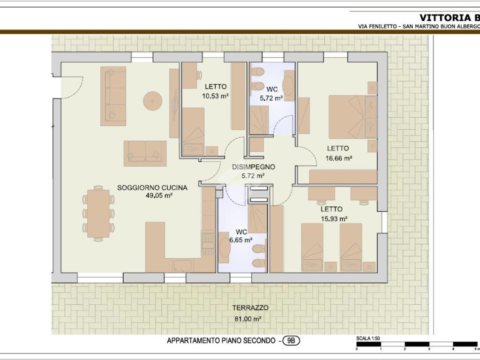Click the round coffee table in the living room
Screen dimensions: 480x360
tap(152, 101)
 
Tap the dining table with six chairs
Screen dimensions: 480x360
tap(98, 213)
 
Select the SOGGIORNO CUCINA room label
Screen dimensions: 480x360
tap(152, 187)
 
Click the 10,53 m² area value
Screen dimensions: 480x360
tap(216, 96)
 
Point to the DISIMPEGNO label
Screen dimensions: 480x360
tap(254, 167)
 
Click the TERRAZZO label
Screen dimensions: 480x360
tap(250, 307)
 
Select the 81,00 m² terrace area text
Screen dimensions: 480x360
tap(247, 319)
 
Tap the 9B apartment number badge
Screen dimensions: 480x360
tap(291, 340)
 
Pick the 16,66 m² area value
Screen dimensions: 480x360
tap(339, 158)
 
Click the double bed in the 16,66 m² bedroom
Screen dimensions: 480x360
tap(352, 117)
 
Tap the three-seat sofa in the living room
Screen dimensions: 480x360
tap(113, 96)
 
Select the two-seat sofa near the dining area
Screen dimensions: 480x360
tap(145, 153)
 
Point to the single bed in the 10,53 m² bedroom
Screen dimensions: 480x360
tap(193, 131)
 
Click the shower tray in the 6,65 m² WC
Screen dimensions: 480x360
tap(257, 218)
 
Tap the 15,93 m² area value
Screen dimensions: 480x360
tap(334, 219)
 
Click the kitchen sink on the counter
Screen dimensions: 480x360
tap(183, 265)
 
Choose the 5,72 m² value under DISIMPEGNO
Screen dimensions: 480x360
tap(253, 176)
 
